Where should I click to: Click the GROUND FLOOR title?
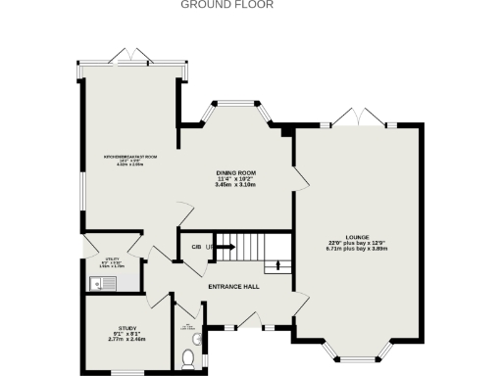(x=227, y=5)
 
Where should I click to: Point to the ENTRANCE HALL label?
(x=233, y=286)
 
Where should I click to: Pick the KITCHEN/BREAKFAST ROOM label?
(x=130, y=157)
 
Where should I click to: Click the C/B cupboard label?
(x=196, y=247)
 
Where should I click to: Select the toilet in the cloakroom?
(x=189, y=358)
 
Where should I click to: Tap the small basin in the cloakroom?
(x=199, y=340)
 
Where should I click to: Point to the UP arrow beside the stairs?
(x=210, y=247)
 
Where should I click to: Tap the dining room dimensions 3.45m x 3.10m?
(x=235, y=185)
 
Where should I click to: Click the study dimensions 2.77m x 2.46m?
(x=127, y=339)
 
